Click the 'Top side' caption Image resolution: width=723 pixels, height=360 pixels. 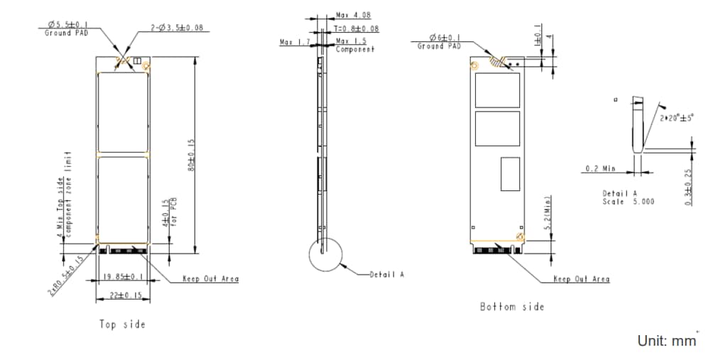(122, 324)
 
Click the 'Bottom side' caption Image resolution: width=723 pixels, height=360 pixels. (512, 306)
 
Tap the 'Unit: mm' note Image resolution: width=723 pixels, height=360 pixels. (666, 341)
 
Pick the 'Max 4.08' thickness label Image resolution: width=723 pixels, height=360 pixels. (352, 15)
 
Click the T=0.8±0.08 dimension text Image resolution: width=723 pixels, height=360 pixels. (356, 29)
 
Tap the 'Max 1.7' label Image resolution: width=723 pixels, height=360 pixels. (294, 43)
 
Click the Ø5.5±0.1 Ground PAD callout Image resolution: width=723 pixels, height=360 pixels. (67, 28)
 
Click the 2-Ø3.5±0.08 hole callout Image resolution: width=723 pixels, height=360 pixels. (176, 28)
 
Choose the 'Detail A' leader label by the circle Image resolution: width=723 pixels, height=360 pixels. (386, 274)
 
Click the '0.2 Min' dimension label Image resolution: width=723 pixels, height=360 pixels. (600, 168)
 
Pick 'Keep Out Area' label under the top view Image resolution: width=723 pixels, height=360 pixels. (210, 279)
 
